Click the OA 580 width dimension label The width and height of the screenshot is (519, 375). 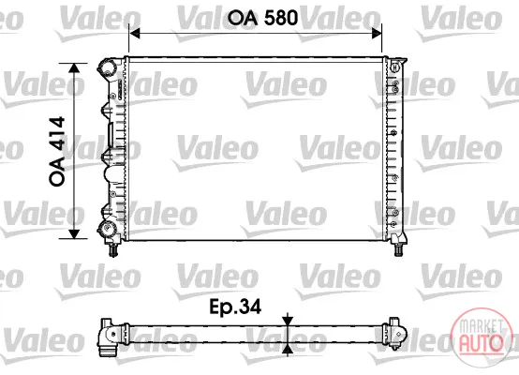tap(262, 17)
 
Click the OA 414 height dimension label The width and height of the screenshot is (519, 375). tap(57, 151)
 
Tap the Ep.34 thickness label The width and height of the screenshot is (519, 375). tap(235, 307)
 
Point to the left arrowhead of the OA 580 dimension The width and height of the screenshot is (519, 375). tap(134, 33)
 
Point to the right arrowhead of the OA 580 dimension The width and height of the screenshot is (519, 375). tap(377, 33)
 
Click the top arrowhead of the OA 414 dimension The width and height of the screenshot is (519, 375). tap(74, 68)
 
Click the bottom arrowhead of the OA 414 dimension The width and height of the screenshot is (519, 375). tap(74, 232)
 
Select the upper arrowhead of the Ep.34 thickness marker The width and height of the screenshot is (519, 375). tap(288, 321)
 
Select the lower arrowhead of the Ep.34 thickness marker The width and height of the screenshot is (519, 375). tap(288, 349)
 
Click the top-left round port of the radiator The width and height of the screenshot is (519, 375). tap(107, 68)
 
